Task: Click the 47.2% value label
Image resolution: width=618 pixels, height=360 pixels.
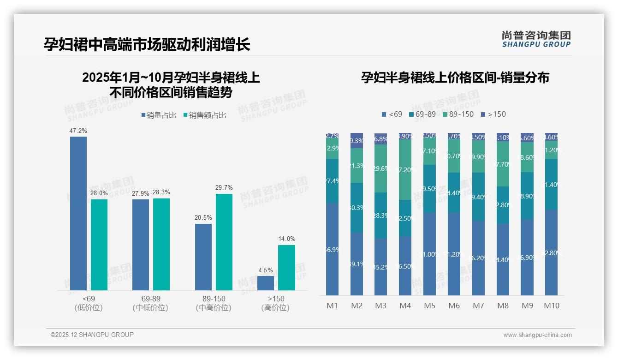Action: pos(78,131)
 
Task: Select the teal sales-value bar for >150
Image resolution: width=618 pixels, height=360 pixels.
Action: pos(286,268)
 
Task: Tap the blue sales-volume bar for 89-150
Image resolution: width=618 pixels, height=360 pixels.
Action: pos(203,257)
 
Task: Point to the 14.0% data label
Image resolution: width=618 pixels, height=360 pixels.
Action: pos(286,239)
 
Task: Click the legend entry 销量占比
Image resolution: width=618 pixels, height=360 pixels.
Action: pos(159,115)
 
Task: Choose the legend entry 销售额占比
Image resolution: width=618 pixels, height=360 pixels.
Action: pos(204,115)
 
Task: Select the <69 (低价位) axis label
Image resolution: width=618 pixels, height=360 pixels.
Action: pos(88,303)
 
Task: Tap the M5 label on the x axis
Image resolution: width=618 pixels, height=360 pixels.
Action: pos(429,306)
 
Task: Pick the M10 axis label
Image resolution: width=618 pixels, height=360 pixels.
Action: pos(552,306)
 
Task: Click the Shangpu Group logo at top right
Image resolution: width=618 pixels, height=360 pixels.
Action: pos(536,39)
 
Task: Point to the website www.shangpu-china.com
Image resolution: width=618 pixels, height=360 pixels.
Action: pos(537,335)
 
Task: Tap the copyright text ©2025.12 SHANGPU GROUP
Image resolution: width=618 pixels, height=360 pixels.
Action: pos(92,335)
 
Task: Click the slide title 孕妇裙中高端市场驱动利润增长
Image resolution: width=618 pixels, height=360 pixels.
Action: pos(147,45)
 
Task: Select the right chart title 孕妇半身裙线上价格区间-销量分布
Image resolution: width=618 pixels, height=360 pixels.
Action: pos(455,78)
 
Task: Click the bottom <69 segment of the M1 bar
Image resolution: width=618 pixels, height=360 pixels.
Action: pos(332,249)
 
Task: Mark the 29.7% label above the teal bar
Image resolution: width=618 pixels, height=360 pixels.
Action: pos(224,188)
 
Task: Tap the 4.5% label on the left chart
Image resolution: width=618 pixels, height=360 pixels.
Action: pos(266,270)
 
